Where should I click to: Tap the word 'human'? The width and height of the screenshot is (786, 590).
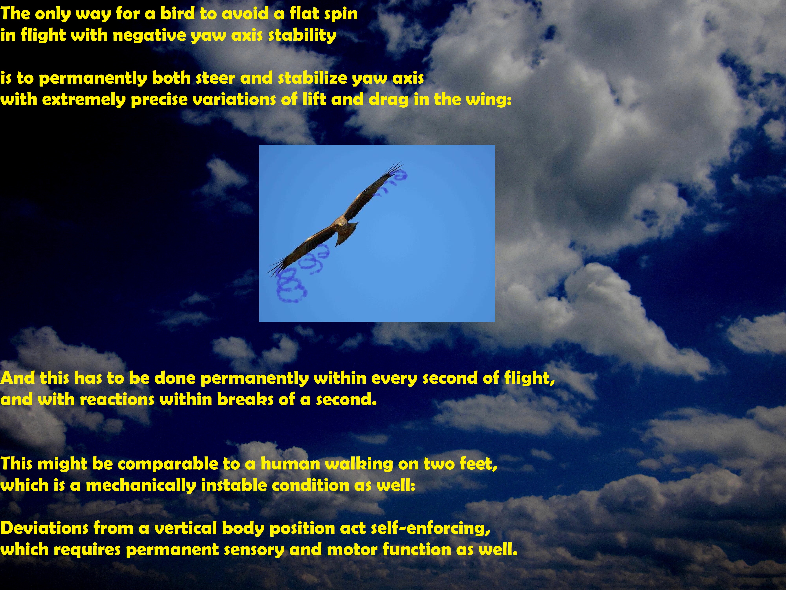[290, 464]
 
